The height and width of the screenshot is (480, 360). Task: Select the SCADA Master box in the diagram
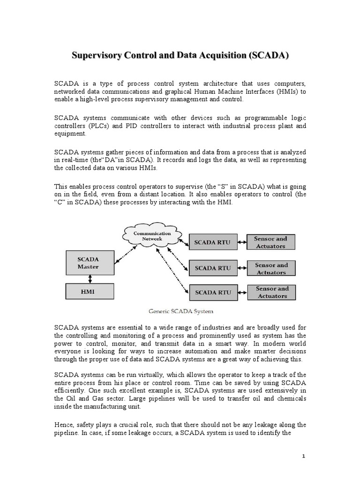pos(88,262)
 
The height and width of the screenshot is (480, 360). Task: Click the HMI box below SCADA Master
pos(88,292)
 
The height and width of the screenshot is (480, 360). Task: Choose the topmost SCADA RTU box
pos(213,242)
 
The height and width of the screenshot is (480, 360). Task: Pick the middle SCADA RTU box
pos(213,268)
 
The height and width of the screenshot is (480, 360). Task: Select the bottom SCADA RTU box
pos(213,292)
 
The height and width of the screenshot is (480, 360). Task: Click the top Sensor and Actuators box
pos(270,242)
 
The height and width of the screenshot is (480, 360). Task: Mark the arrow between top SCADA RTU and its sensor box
pos(242,242)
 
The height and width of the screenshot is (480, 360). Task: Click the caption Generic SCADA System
pos(180,311)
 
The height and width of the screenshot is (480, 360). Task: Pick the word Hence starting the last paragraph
pos(65,425)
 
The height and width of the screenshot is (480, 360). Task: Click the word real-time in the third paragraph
pos(75,160)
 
